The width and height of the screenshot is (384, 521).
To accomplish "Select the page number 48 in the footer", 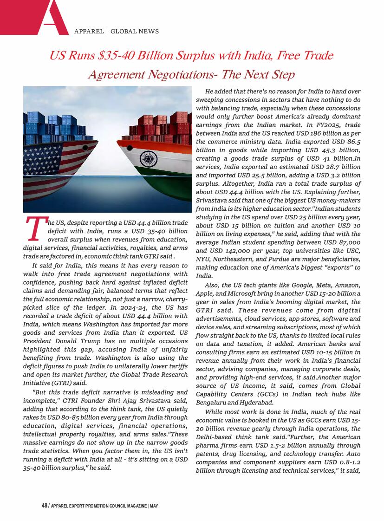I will tap(44, 506).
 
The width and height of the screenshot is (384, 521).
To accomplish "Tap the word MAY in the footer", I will tap(154, 506).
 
